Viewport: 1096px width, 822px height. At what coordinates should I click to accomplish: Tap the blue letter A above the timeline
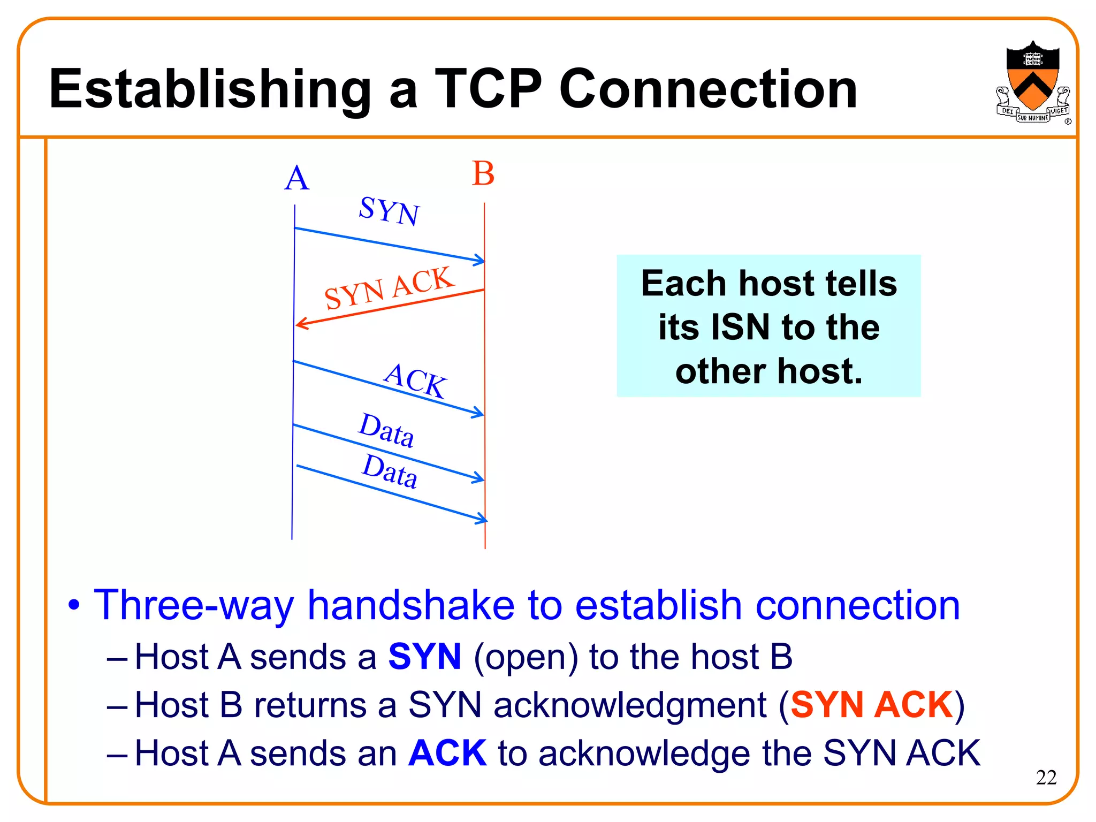tap(296, 178)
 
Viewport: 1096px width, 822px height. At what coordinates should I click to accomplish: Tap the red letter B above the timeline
tap(483, 174)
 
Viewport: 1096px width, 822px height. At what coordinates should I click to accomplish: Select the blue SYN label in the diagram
tap(389, 211)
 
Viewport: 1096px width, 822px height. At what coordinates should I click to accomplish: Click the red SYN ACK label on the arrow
tap(389, 287)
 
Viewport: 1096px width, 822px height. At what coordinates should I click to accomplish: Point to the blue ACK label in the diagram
tap(415, 380)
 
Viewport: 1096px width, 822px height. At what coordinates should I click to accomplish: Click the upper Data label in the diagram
tap(386, 430)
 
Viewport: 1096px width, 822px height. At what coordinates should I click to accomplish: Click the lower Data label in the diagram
tap(390, 471)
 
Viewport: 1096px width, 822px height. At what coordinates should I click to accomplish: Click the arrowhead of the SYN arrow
tap(480, 261)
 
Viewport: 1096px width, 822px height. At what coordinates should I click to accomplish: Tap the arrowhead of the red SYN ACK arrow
tap(301, 323)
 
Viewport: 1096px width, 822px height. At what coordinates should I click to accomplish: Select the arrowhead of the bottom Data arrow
tap(482, 518)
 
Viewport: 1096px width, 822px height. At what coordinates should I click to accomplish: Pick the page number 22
tap(1046, 777)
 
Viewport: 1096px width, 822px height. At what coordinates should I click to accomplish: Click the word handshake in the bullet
tap(410, 605)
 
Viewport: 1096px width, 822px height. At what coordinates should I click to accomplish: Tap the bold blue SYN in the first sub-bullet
tap(424, 657)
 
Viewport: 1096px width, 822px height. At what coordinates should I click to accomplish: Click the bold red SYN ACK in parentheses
tap(872, 705)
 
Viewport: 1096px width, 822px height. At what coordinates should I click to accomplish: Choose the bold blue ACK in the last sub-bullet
tap(447, 753)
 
